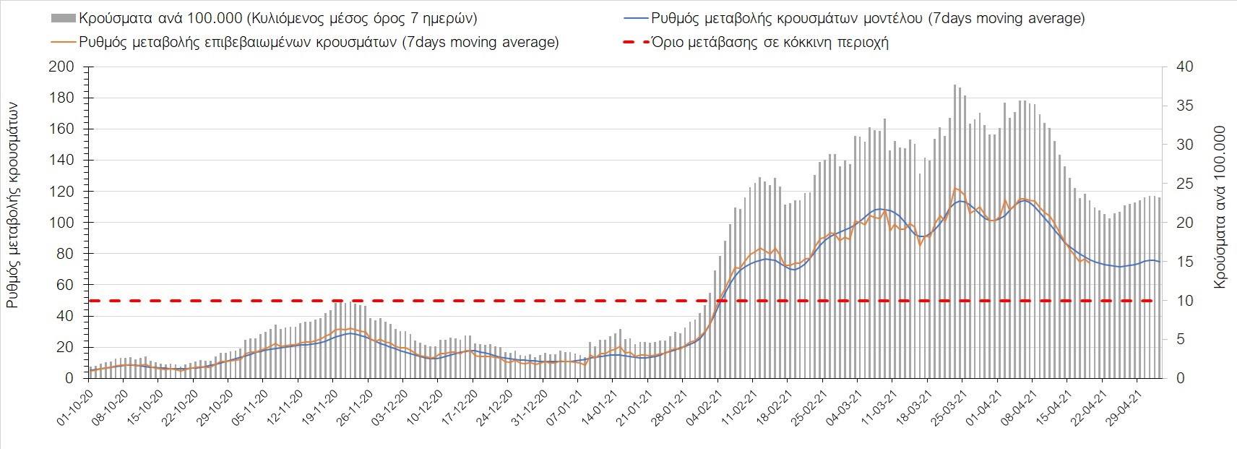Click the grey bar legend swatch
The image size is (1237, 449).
tap(63, 18)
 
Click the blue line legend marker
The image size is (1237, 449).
tap(636, 18)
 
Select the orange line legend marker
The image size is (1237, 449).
tap(63, 42)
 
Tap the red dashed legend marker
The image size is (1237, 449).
tap(636, 42)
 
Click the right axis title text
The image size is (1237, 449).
tap(1220, 208)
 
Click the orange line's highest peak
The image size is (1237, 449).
tap(955, 188)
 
